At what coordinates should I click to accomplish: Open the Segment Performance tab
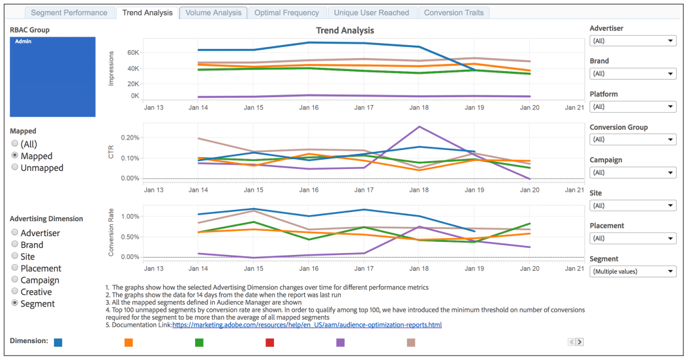pyautogui.click(x=69, y=12)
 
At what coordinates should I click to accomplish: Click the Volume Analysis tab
pyautogui.click(x=213, y=12)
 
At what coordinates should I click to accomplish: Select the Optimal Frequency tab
pyautogui.click(x=286, y=12)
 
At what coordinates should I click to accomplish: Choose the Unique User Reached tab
pyautogui.click(x=371, y=12)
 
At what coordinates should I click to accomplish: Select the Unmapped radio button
pyautogui.click(x=15, y=168)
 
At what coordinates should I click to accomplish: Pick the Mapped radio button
pyautogui.click(x=15, y=156)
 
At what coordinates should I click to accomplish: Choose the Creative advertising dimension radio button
pyautogui.click(x=15, y=292)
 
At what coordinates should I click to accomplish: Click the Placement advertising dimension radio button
pyautogui.click(x=15, y=268)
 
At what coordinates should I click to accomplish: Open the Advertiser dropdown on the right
pyautogui.click(x=632, y=41)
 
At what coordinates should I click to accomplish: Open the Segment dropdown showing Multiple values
pyautogui.click(x=632, y=271)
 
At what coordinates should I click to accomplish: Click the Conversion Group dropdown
pyautogui.click(x=632, y=140)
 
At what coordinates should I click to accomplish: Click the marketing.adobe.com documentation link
pyautogui.click(x=307, y=325)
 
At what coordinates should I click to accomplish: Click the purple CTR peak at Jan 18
pyautogui.click(x=419, y=127)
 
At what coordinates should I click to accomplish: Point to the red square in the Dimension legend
pyautogui.click(x=269, y=342)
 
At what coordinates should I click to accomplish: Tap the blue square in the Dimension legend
pyautogui.click(x=59, y=342)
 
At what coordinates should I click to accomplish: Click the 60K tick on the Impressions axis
pyautogui.click(x=132, y=52)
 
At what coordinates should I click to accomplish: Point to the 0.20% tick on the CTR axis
pyautogui.click(x=130, y=138)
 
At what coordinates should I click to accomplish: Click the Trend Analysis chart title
pyautogui.click(x=344, y=31)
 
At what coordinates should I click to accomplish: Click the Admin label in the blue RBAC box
pyautogui.click(x=23, y=42)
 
